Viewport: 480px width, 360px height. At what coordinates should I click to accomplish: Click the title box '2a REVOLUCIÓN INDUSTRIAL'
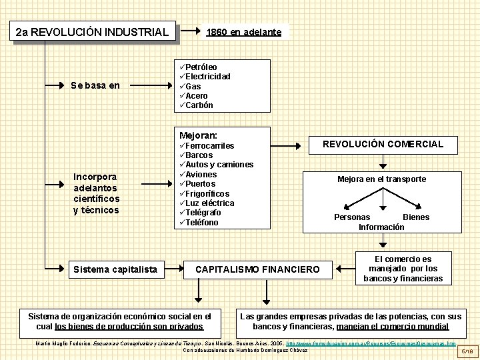pos(93,32)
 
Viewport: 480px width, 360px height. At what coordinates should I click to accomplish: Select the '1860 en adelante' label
pos(244,32)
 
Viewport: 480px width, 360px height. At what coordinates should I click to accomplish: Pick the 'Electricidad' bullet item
pos(207,77)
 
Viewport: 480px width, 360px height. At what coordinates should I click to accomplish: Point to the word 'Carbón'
pos(199,105)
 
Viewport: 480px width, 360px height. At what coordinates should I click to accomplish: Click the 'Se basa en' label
pos(95,85)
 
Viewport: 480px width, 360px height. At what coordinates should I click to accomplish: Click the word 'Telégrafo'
pos(203,213)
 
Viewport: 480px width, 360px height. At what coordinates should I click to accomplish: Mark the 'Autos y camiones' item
pos(219,165)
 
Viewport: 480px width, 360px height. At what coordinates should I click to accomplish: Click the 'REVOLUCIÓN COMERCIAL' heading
pos(383,144)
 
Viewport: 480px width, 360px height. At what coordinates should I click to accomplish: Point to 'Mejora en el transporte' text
pos(381,179)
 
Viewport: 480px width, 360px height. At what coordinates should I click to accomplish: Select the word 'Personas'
pos(352,217)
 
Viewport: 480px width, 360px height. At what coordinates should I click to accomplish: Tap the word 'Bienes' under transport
pos(416,217)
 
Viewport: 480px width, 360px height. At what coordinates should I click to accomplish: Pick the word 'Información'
pos(381,227)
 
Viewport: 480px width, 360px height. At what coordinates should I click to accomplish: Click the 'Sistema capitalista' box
pos(115,270)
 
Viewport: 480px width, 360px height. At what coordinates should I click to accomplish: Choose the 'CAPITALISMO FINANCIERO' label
pos(257,270)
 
